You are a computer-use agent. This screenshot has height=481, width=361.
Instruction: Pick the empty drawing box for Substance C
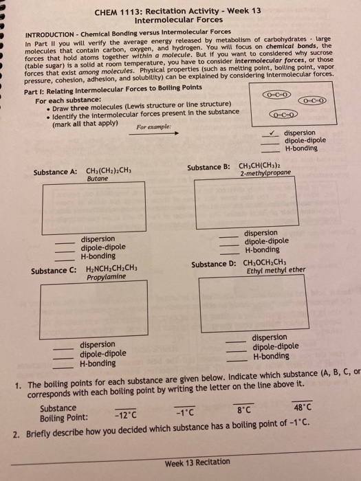click(94, 309)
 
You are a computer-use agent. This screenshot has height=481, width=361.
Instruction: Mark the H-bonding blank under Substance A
click(66, 256)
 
